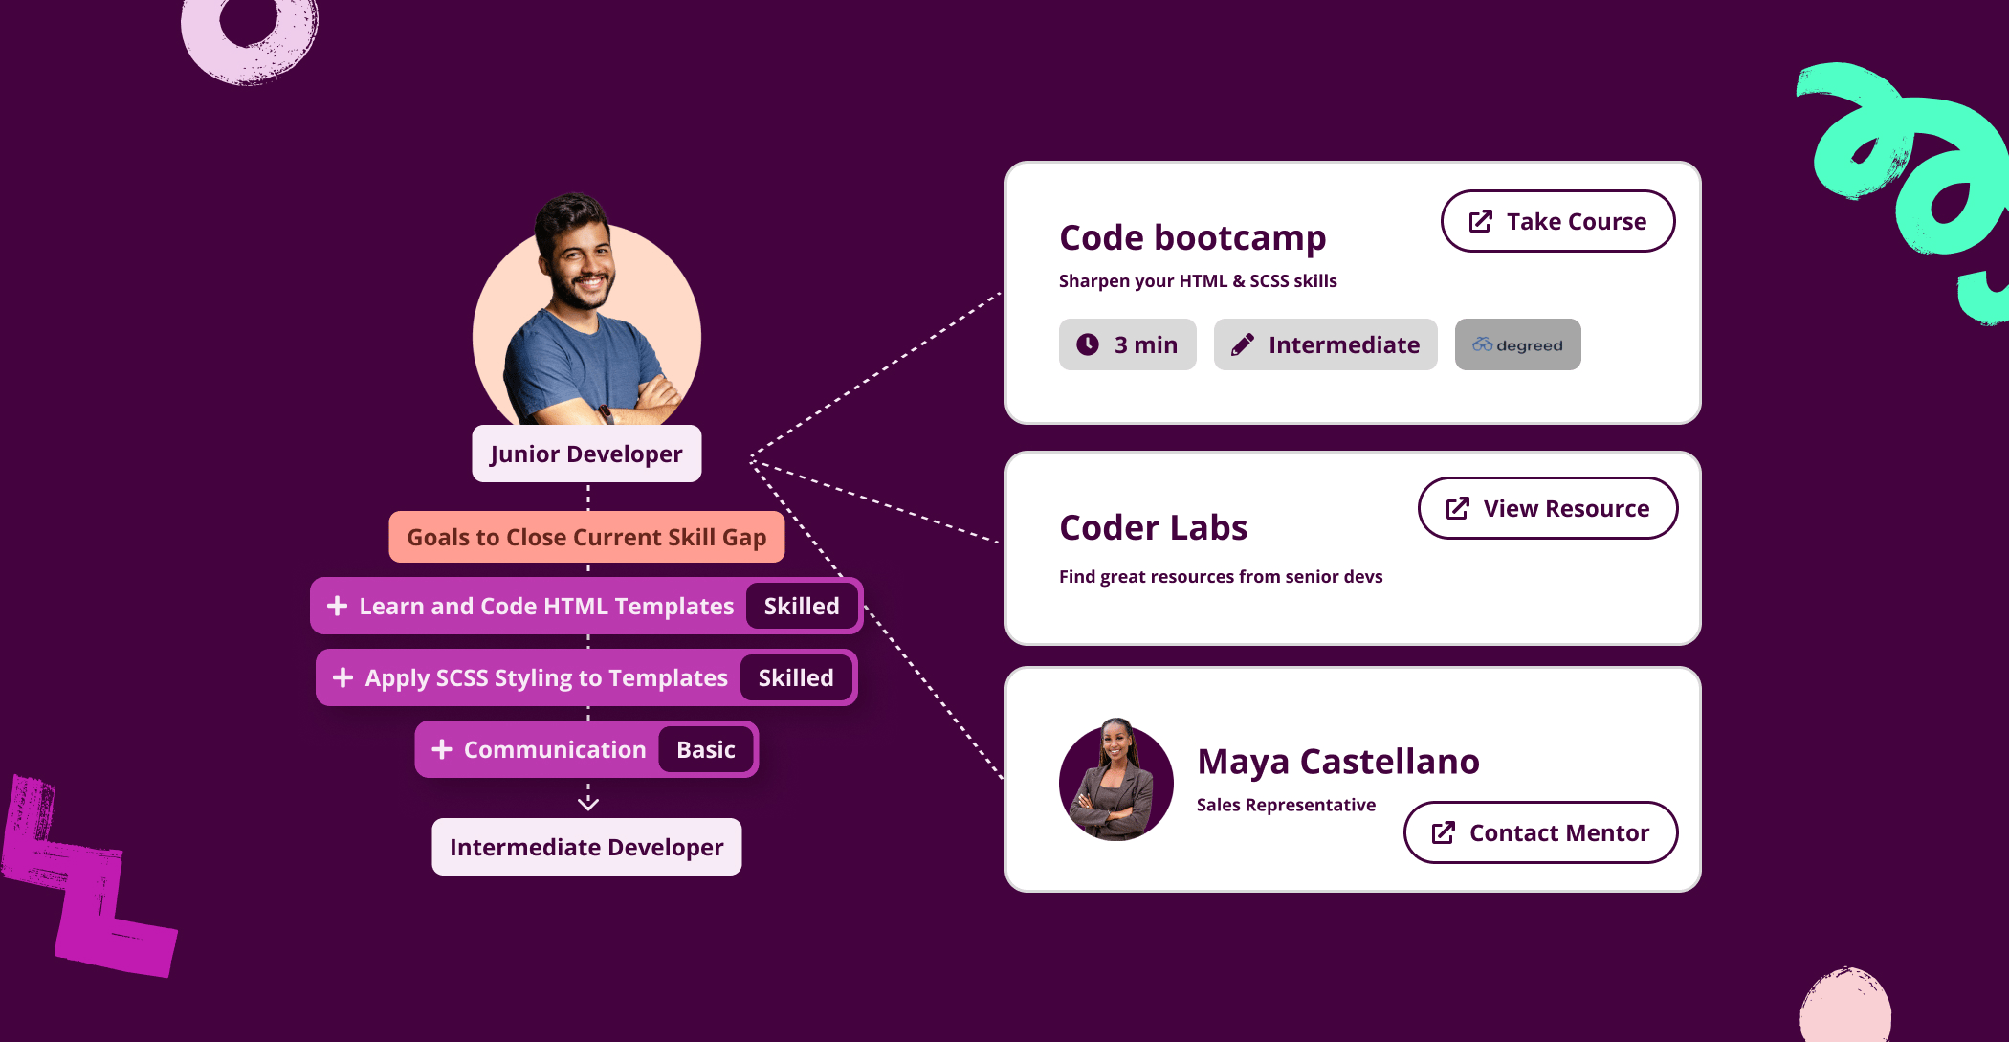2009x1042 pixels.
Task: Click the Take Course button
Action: pyautogui.click(x=1557, y=221)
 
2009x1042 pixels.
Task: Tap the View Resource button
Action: pyautogui.click(x=1547, y=508)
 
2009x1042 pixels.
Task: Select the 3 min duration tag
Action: pyautogui.click(x=1127, y=344)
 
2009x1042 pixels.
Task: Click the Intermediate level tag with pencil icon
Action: pyautogui.click(x=1325, y=344)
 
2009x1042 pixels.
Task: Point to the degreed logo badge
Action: pyautogui.click(x=1517, y=344)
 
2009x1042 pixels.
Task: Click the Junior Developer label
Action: pyautogui.click(x=586, y=454)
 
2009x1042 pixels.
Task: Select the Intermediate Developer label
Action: pyautogui.click(x=586, y=847)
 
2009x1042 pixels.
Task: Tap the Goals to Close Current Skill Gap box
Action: pyautogui.click(x=586, y=537)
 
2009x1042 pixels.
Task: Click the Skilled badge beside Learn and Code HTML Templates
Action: pyautogui.click(x=802, y=606)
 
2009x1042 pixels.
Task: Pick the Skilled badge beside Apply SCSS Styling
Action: pyautogui.click(x=796, y=677)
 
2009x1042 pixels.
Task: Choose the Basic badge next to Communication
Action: pyautogui.click(x=706, y=749)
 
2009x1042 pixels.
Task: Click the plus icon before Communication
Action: pyautogui.click(x=442, y=749)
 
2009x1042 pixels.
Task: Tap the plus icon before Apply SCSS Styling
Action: pyautogui.click(x=342, y=677)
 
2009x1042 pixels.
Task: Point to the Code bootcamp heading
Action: pyautogui.click(x=1193, y=237)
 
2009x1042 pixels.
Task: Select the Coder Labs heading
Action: pyautogui.click(x=1154, y=527)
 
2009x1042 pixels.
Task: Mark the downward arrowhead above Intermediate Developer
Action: pyautogui.click(x=588, y=803)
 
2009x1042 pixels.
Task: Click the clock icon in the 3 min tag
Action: pyautogui.click(x=1088, y=344)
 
